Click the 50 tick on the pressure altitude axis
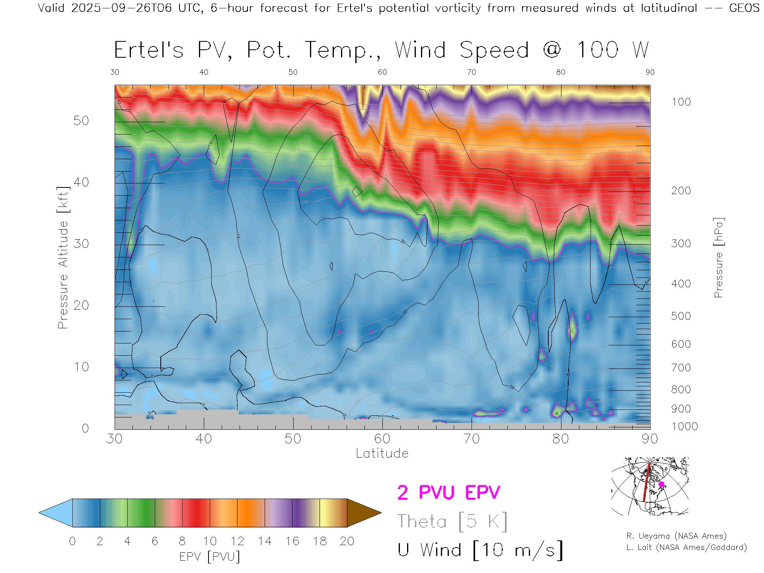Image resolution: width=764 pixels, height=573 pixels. pos(81,121)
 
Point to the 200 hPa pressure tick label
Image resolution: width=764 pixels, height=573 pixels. pos(681,191)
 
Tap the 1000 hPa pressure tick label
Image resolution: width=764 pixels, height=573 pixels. pos(684,427)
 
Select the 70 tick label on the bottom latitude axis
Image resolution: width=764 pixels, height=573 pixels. pos(472,439)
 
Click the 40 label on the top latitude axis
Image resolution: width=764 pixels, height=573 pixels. pos(204,72)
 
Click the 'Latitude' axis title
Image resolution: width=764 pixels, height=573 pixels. pos(382,453)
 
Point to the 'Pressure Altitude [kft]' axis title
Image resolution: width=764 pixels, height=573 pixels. pos(63,257)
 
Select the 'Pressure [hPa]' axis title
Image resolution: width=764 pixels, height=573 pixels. pos(718,257)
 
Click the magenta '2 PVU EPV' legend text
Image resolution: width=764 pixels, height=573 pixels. pos(448,493)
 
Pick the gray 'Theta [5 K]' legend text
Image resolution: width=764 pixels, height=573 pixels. pos(452,521)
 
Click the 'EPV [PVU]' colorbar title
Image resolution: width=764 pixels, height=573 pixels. pos(210,556)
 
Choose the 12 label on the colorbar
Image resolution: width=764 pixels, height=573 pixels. pos(237,541)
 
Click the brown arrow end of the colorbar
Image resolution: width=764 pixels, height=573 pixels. pos(363,513)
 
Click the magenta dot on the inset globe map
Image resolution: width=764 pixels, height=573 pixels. pos(661,484)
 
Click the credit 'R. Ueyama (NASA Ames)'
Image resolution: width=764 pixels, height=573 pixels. pos(676,536)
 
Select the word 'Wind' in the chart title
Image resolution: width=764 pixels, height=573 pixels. pos(420,50)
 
